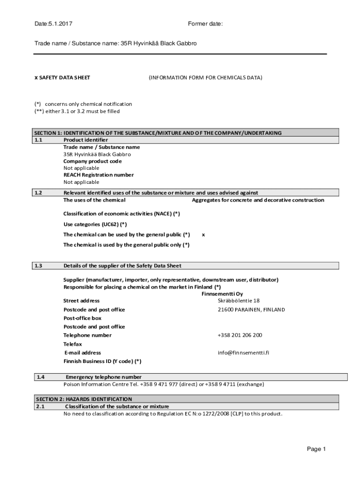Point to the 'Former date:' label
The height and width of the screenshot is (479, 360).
(205, 23)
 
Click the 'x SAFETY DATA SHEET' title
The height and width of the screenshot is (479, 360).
(62, 78)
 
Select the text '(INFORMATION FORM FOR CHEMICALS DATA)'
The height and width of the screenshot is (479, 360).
(205, 78)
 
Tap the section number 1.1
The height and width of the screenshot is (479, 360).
(38, 140)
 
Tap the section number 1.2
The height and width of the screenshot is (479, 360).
(38, 193)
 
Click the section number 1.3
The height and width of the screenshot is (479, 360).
(38, 266)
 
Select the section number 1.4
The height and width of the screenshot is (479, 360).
(41, 377)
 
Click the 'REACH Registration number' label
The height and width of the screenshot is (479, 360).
(99, 175)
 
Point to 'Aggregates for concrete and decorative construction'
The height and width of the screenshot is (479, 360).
(258, 200)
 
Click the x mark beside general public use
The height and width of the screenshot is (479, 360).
(203, 234)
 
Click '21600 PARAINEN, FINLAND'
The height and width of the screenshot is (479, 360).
(251, 310)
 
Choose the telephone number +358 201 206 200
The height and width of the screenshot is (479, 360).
(240, 335)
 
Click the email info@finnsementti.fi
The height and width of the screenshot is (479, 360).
(243, 353)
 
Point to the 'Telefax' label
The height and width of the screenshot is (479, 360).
(72, 344)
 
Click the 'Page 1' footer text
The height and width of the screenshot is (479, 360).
(316, 449)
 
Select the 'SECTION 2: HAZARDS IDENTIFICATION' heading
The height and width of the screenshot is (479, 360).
(84, 399)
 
